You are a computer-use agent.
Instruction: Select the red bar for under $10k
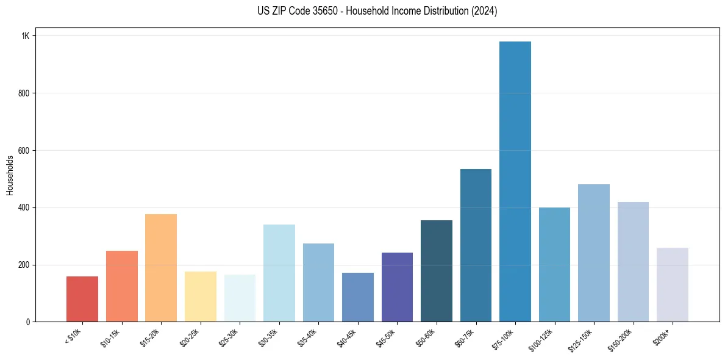pyautogui.click(x=82, y=299)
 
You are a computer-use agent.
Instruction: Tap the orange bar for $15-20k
pyautogui.click(x=161, y=268)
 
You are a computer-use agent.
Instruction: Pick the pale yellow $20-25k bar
pyautogui.click(x=201, y=297)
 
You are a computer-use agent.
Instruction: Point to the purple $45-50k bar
pyautogui.click(x=397, y=287)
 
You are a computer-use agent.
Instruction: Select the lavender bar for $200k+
pyautogui.click(x=673, y=284)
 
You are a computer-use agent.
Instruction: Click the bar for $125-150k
pyautogui.click(x=594, y=253)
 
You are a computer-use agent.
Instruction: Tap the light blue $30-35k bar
pyautogui.click(x=279, y=273)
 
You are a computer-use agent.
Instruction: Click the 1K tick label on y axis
pyautogui.click(x=26, y=36)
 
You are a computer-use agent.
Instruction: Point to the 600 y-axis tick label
pyautogui.click(x=24, y=151)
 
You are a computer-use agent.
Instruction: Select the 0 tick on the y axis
pyautogui.click(x=27, y=322)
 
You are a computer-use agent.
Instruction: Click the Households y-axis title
pyautogui.click(x=10, y=175)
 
